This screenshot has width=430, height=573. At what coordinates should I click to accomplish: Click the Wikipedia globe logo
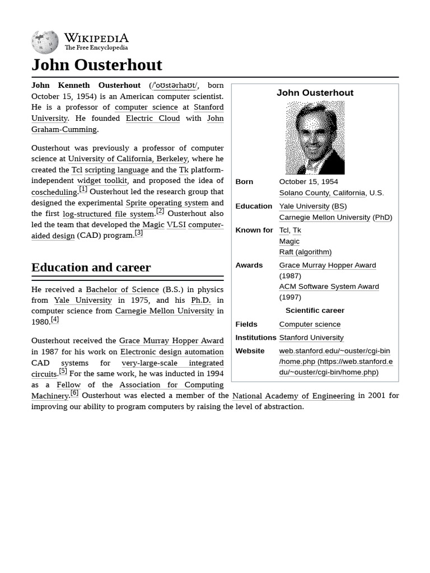(45, 42)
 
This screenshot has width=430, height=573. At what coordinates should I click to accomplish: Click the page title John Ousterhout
(96, 65)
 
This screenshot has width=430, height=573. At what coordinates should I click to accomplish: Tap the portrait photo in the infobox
(315, 138)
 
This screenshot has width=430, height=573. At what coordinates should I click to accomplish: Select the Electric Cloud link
(153, 118)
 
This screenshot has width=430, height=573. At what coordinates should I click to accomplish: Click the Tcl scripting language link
(110, 170)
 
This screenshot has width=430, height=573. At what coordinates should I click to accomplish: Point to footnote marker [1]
(83, 189)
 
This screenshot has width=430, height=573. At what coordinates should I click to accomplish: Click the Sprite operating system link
(167, 203)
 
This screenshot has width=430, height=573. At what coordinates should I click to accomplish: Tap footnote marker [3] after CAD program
(138, 233)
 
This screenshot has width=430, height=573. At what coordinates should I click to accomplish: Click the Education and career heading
(91, 267)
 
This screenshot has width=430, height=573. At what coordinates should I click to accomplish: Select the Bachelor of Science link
(122, 289)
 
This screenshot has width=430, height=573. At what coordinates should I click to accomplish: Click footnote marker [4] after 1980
(54, 320)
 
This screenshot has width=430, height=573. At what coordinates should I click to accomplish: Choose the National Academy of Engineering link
(293, 396)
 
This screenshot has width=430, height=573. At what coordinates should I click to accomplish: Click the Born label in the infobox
(244, 182)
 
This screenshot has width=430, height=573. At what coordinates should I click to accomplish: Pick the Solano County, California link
(322, 192)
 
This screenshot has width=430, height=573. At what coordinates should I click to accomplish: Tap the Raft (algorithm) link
(305, 252)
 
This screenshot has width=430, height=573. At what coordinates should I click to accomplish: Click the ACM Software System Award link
(329, 286)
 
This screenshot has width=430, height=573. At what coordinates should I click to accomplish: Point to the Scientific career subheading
(315, 311)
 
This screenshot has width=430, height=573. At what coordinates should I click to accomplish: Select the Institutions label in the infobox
(256, 337)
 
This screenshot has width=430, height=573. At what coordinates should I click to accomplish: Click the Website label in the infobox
(250, 351)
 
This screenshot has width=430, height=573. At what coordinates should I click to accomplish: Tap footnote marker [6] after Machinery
(74, 393)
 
